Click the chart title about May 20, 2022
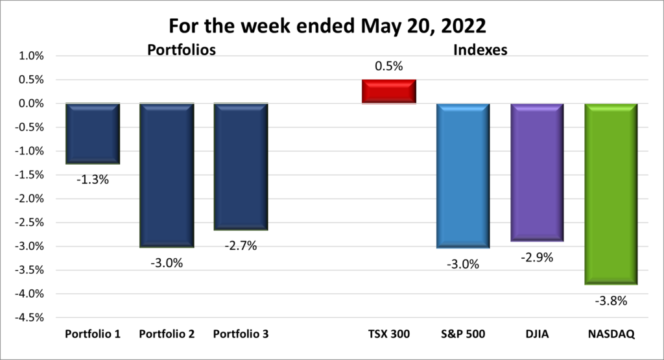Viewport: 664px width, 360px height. tap(331, 26)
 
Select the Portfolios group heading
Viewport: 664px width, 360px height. tap(181, 49)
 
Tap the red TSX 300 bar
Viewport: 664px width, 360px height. tap(389, 91)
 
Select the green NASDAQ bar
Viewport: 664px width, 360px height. tap(611, 193)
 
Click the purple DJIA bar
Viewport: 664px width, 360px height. tap(537, 172)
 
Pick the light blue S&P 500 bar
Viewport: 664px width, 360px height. tap(463, 175)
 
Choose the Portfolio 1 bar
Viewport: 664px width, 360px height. tap(93, 134)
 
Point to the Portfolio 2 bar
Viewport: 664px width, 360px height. tap(167, 175)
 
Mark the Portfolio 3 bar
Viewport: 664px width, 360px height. tap(241, 167)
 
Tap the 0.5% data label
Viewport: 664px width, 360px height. tap(389, 66)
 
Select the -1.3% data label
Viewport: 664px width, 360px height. tap(93, 180)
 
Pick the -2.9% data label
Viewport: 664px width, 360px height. tap(537, 258)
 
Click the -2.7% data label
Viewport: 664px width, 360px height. tap(241, 246)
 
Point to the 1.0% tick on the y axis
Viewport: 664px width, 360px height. tap(30, 56)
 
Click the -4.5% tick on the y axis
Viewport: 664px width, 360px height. tap(29, 317)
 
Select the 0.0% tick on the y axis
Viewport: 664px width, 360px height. tap(30, 103)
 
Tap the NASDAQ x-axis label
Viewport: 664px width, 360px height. tap(611, 335)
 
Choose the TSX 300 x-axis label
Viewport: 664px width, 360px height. tap(389, 335)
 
